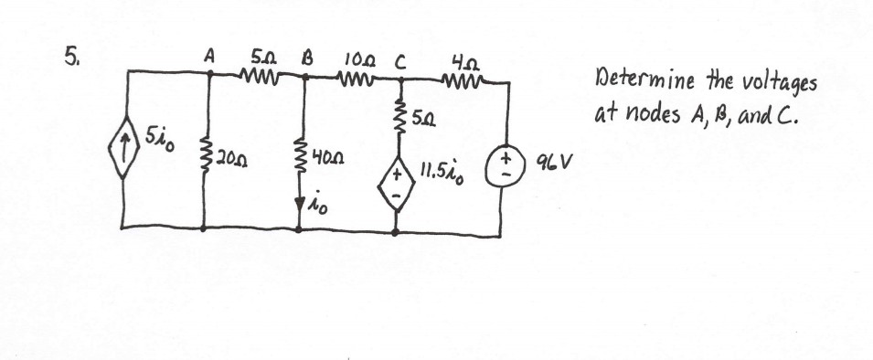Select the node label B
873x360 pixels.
[307, 56]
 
